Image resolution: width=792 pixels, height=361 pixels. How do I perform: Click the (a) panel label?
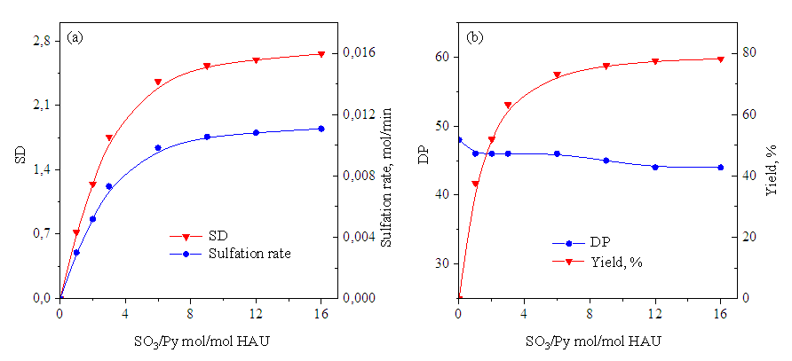click(x=75, y=38)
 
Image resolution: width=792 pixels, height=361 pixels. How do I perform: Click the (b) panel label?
click(x=475, y=38)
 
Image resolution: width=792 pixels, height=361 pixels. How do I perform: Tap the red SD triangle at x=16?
click(x=321, y=54)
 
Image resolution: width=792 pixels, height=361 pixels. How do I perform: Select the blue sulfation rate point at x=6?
click(x=158, y=148)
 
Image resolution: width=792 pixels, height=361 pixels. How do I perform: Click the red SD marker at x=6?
click(x=158, y=82)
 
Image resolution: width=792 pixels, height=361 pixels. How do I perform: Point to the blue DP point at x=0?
click(x=459, y=140)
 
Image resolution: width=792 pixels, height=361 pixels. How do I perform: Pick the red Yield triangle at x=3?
click(x=508, y=106)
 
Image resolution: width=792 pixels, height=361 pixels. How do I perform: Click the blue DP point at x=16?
click(x=720, y=167)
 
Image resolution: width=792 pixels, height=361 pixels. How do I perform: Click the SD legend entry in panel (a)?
click(x=218, y=236)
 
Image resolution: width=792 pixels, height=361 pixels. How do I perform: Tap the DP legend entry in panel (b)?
click(x=598, y=242)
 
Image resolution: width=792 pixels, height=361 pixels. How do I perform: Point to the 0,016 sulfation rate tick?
click(x=359, y=53)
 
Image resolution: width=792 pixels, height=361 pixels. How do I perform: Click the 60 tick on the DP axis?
click(x=440, y=57)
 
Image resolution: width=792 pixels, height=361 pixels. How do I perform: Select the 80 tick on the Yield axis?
click(x=748, y=53)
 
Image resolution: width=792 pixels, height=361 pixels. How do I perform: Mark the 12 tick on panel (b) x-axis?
click(x=655, y=314)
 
